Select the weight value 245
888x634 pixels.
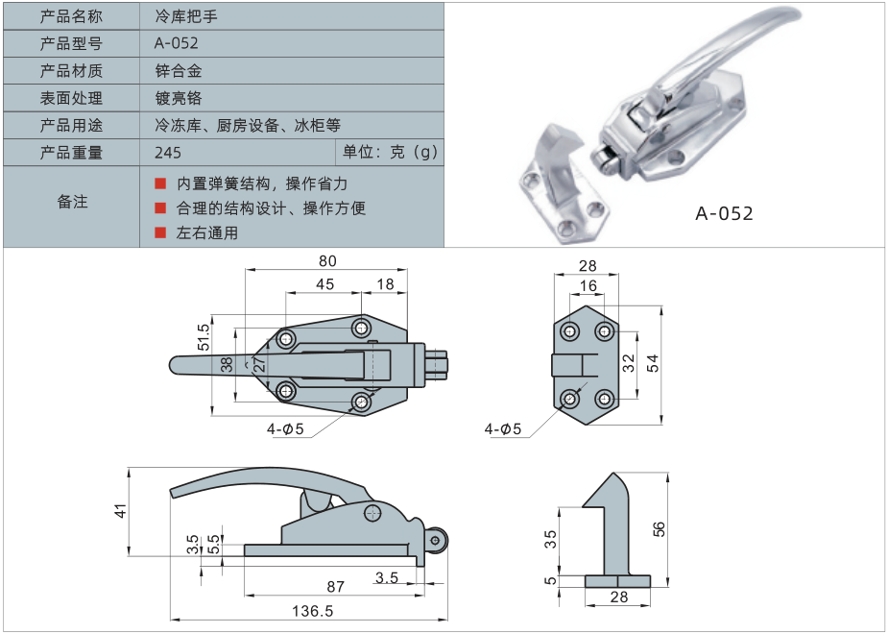tap(167, 153)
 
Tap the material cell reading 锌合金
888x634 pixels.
tap(178, 71)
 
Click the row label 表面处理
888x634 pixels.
tap(71, 98)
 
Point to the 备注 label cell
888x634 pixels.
tap(71, 202)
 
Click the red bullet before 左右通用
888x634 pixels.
tap(160, 232)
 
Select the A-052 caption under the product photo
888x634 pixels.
tap(724, 213)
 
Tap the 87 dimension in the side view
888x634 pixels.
tap(336, 585)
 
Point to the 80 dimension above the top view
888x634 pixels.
tap(327, 260)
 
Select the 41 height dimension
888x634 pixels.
tap(121, 511)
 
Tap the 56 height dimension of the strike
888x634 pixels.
tap(659, 528)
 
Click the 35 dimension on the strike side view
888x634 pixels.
tap(551, 539)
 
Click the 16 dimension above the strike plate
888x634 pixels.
tap(588, 285)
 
